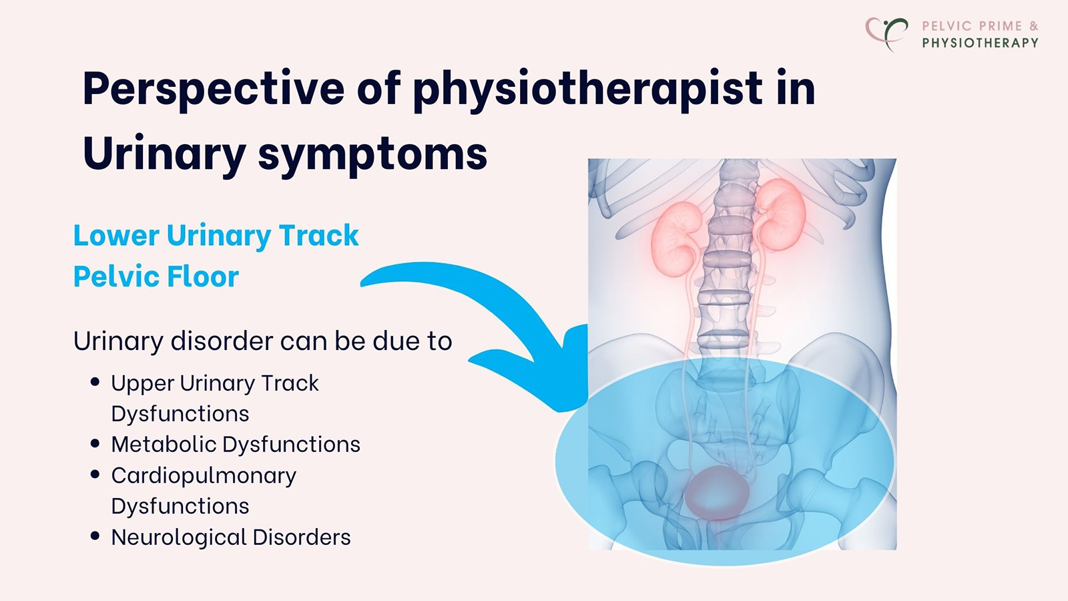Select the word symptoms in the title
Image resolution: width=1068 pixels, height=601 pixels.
pyautogui.click(x=373, y=154)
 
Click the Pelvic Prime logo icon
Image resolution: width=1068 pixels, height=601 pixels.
pyautogui.click(x=886, y=33)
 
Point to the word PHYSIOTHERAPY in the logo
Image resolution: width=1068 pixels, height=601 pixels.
pyautogui.click(x=980, y=43)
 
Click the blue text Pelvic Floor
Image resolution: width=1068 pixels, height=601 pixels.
pyautogui.click(x=156, y=276)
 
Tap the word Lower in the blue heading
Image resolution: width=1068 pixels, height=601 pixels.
pyautogui.click(x=116, y=236)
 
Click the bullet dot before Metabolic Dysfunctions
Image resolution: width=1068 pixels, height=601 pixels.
pyautogui.click(x=95, y=443)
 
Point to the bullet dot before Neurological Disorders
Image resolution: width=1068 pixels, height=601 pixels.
pyautogui.click(x=95, y=536)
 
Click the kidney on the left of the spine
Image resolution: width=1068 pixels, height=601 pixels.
pyautogui.click(x=676, y=238)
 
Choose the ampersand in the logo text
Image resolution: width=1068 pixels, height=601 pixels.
pyautogui.click(x=1033, y=26)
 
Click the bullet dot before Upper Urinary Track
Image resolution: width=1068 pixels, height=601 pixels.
pyautogui.click(x=95, y=382)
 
